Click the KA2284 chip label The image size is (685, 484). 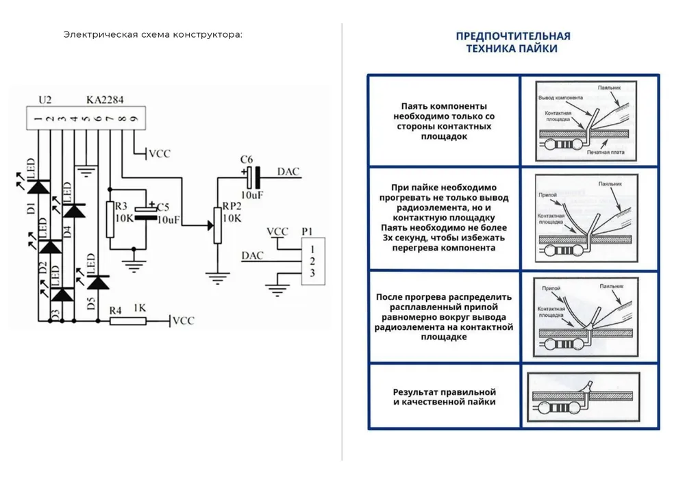click(x=105, y=100)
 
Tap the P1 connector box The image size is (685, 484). click(x=312, y=262)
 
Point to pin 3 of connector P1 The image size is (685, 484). click(x=312, y=274)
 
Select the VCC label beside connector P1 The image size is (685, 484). click(x=277, y=231)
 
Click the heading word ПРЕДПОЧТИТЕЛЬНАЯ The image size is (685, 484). click(x=513, y=36)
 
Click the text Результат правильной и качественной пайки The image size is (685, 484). click(x=444, y=397)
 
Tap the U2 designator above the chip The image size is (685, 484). click(x=45, y=100)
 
